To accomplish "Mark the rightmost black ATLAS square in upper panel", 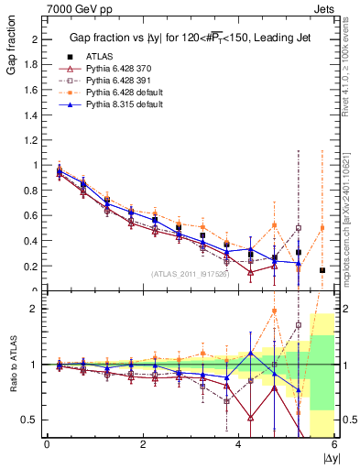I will [x=322, y=270].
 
